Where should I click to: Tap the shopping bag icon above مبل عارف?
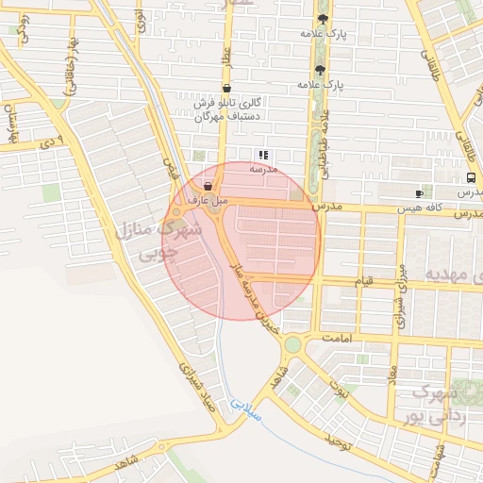coord(208,187)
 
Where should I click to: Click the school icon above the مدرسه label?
coord(263,155)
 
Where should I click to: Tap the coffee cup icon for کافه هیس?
coord(420,192)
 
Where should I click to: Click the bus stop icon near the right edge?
coord(471,177)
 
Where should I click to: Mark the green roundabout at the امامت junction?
coord(293,345)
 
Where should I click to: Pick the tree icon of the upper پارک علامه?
coord(323,18)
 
